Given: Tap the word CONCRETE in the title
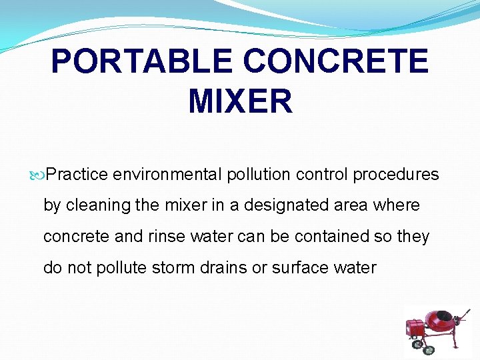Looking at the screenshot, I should click(x=336, y=62).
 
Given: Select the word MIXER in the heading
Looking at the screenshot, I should click(x=240, y=102).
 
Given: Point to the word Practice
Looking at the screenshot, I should click(x=77, y=175).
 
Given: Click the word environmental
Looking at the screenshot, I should click(x=167, y=175).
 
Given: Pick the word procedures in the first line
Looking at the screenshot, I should click(x=396, y=175).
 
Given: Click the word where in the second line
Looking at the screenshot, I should click(x=397, y=205).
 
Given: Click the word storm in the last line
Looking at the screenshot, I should click(x=175, y=268).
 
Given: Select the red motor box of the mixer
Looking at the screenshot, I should click(x=416, y=327).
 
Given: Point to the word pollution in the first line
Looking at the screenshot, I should click(x=259, y=175).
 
